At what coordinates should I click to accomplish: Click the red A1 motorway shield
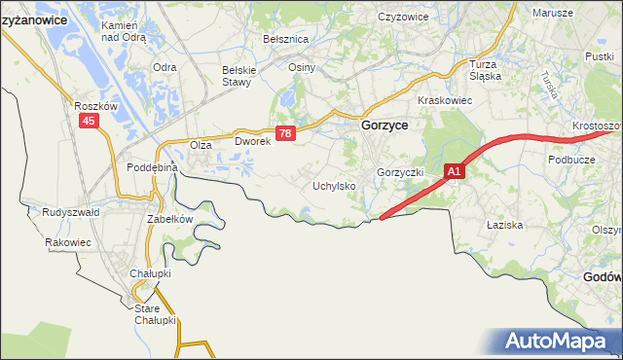click(455, 171)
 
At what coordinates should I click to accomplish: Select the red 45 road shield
click(90, 120)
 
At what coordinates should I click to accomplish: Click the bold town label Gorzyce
click(385, 126)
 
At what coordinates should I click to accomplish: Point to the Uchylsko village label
click(332, 185)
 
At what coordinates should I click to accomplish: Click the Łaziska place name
click(504, 224)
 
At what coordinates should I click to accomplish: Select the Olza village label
click(201, 145)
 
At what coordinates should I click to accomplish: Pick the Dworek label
click(251, 142)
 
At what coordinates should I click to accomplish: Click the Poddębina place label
click(152, 167)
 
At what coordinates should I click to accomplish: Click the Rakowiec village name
click(67, 242)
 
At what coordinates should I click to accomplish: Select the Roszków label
click(94, 105)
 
